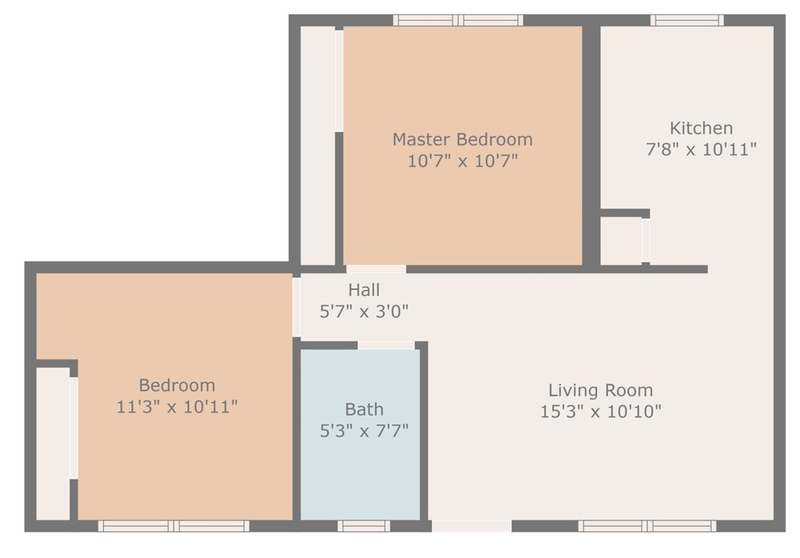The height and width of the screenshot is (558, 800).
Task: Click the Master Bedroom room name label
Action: point(462,139)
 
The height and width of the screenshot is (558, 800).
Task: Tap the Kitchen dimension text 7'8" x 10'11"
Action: point(701,150)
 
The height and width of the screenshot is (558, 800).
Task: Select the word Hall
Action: point(364,290)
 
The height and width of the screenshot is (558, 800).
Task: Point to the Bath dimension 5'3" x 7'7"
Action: point(364,430)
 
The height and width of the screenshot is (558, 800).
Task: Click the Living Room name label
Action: point(600,390)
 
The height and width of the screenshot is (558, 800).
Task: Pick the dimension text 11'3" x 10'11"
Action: point(177,407)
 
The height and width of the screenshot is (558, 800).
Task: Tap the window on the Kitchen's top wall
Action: point(686,20)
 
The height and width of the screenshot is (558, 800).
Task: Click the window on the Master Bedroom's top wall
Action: point(458,20)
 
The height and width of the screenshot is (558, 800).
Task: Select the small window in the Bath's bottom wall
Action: point(364,526)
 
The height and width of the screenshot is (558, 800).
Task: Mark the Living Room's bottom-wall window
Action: point(647,526)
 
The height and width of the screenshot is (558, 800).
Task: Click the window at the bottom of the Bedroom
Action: point(174,526)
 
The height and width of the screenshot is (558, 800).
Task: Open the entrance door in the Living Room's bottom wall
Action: point(472,526)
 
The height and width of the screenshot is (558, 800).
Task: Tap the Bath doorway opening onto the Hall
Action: point(386,345)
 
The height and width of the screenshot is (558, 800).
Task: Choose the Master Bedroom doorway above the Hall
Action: point(376,269)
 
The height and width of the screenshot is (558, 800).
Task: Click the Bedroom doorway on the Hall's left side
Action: point(296,307)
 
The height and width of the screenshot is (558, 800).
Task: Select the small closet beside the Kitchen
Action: point(621,241)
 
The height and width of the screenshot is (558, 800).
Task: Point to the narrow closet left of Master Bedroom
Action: point(318,145)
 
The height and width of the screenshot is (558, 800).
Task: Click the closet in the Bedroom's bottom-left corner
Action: point(53,443)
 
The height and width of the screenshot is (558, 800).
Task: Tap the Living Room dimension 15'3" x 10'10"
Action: point(600,412)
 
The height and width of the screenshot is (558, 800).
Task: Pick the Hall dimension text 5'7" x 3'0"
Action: point(364,312)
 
